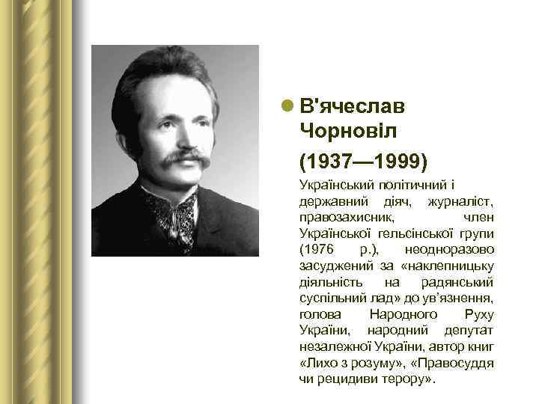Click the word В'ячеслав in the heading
pos(351,106)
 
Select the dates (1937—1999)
pos(363,160)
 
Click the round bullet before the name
pos(287,106)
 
